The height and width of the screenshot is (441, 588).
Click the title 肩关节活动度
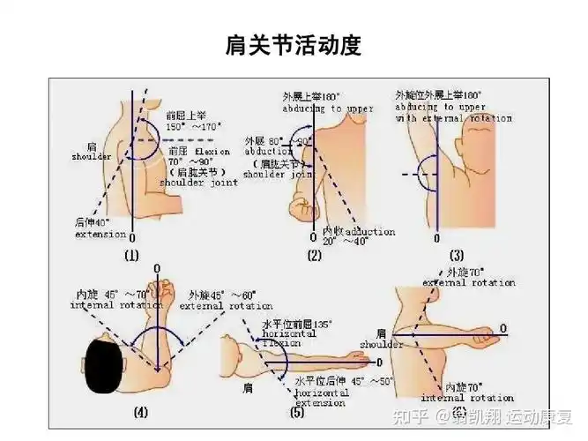[294, 46]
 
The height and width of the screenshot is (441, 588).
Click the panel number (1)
[131, 256]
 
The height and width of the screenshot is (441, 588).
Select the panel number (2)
[314, 256]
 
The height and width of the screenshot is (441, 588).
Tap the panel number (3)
[458, 256]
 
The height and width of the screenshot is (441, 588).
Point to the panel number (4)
[141, 411]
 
